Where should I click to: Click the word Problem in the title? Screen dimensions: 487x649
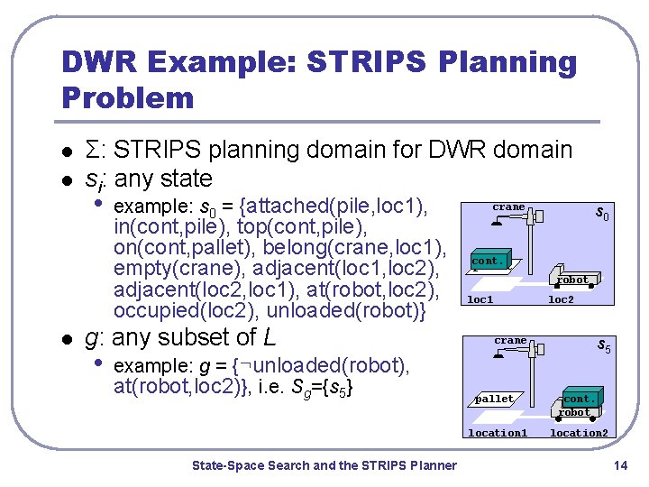[x=128, y=96]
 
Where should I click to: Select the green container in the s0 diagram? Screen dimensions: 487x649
[x=489, y=261]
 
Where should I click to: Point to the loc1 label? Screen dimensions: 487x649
[x=480, y=299]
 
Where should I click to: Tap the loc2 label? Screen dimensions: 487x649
[x=561, y=299]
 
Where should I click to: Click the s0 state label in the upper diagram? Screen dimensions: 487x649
[x=602, y=214]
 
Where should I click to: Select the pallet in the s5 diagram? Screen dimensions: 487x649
[x=495, y=399]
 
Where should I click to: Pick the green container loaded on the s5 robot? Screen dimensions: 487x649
[x=578, y=398]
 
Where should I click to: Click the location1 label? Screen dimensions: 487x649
[x=498, y=433]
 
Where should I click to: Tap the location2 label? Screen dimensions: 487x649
[x=579, y=433]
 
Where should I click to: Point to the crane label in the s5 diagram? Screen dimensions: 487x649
[x=510, y=340]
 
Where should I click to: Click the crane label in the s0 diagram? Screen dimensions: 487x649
[x=508, y=207]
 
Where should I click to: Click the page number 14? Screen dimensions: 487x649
[x=619, y=465]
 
